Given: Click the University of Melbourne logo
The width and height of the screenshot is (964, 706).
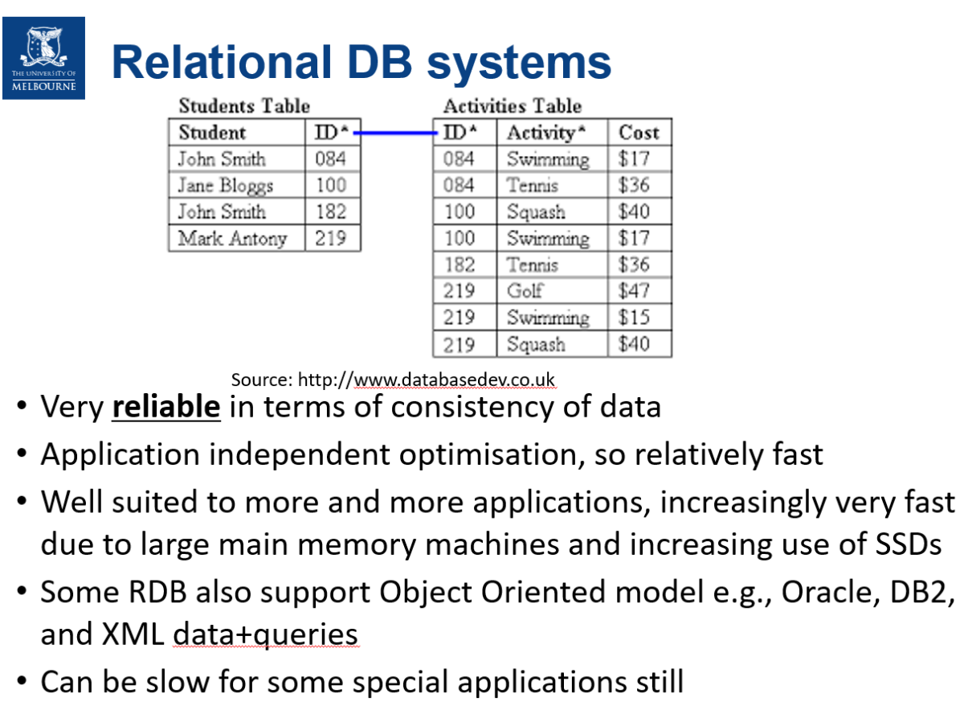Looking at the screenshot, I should [x=43, y=58].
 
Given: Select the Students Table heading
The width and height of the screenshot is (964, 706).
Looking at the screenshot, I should [x=244, y=106].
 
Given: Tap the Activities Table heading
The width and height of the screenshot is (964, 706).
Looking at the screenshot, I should [x=512, y=106].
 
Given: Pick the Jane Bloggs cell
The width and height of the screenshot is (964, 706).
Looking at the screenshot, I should [x=225, y=186].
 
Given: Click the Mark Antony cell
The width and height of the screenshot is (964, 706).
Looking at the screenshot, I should [x=232, y=239].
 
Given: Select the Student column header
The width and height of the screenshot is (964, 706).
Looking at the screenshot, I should [x=212, y=133].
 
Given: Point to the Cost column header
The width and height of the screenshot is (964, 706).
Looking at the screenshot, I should [x=639, y=133].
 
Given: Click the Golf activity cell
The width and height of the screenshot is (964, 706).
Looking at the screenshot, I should [x=525, y=290].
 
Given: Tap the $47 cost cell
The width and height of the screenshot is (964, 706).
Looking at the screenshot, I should [x=634, y=290].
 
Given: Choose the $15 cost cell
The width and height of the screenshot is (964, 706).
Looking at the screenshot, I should [x=634, y=317].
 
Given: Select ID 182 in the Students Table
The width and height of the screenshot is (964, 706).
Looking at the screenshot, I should [x=330, y=212].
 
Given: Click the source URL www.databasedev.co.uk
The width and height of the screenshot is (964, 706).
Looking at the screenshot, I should [x=454, y=380].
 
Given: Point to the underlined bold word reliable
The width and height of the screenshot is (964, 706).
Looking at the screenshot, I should [x=165, y=407].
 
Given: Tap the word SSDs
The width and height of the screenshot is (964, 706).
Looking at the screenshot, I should [x=904, y=544].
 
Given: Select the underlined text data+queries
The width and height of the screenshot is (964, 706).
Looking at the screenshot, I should [x=265, y=634].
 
